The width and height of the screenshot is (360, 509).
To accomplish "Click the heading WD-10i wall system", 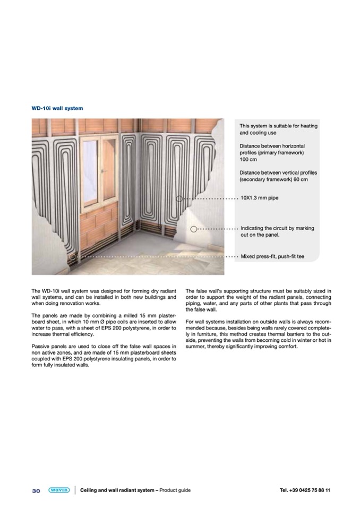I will (x=57, y=108).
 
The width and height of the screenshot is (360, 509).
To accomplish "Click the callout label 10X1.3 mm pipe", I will (x=259, y=198).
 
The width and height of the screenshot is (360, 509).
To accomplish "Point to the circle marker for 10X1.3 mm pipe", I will (x=180, y=199).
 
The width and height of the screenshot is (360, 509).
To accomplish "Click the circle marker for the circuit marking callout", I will (x=194, y=229).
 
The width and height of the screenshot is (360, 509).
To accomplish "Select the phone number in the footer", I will (x=305, y=490).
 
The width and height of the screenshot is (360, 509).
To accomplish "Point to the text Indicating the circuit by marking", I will (x=277, y=228).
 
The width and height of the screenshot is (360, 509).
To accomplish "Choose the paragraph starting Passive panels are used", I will (x=104, y=358).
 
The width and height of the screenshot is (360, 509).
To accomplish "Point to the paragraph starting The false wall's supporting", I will (x=259, y=300).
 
